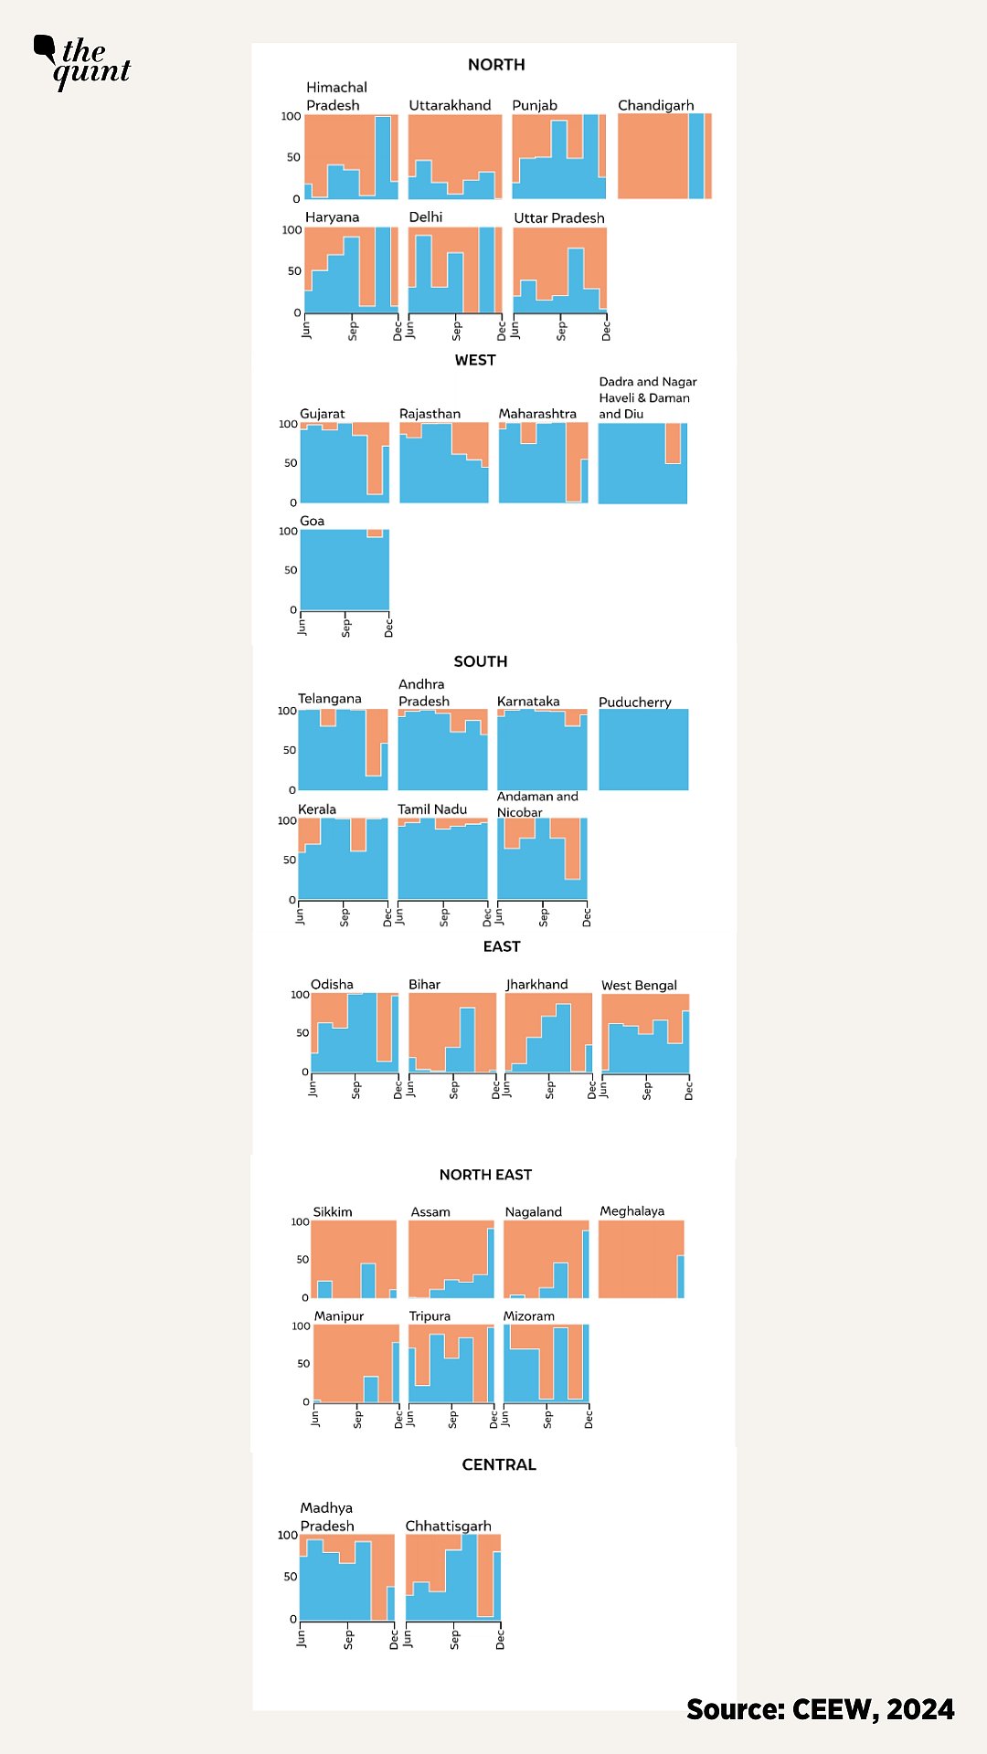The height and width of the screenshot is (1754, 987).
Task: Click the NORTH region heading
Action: coord(496,65)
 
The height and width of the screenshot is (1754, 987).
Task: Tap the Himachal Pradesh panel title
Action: coord(336,96)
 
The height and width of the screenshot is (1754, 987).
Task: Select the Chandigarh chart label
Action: coord(655,105)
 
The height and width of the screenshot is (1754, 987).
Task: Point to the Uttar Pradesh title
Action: coord(558,217)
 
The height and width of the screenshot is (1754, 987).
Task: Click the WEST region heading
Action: coord(475,360)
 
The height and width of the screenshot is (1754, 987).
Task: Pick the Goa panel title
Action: coord(312,521)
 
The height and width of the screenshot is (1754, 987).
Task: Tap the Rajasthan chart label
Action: coord(430,414)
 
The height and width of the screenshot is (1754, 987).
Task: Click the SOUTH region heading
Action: coord(481,661)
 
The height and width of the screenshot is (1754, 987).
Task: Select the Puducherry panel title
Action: coord(634,702)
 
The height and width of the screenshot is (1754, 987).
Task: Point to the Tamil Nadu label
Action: coord(431,809)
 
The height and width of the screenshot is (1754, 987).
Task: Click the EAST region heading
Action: coord(502,946)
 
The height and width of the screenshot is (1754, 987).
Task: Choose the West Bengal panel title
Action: coord(639,985)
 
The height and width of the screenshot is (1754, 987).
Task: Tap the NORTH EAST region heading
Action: coord(485,1175)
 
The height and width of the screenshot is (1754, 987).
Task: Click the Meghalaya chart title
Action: coord(631,1211)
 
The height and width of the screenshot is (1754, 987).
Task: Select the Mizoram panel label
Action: coord(528,1316)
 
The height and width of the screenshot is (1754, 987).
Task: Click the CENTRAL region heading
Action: coord(499,1464)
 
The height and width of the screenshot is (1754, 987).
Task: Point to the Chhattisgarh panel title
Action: coord(448,1526)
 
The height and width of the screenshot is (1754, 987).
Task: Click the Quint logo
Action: coord(83,61)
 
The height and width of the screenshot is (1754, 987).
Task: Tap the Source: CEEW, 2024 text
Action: coord(820,1709)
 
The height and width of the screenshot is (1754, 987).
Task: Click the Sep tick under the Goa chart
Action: coord(345,628)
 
